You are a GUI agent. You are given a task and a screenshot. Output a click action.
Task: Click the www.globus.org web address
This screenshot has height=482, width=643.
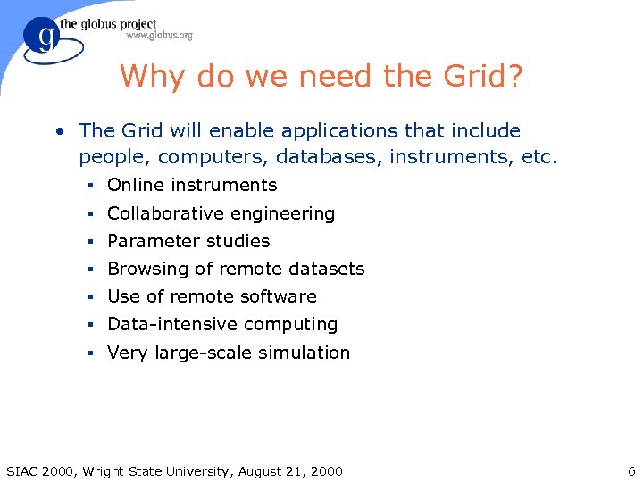[159, 36]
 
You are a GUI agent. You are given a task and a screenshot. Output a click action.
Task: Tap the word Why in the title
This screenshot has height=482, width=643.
[152, 76]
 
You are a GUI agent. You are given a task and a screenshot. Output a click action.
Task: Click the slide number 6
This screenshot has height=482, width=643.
[630, 470]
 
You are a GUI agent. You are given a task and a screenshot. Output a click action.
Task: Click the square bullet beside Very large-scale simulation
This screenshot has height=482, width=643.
[91, 353]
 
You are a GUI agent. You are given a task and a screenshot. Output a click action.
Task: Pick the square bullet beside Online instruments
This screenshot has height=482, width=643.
[91, 186]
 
